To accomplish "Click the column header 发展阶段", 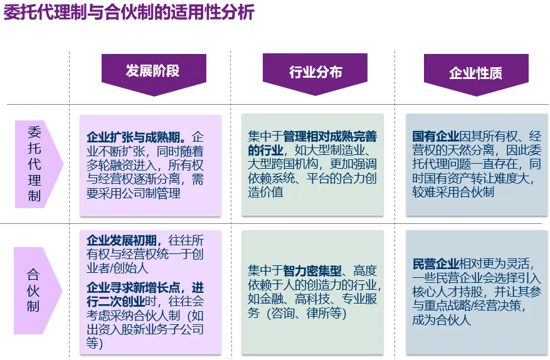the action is pyautogui.click(x=152, y=70).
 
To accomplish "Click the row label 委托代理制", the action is pyautogui.click(x=34, y=164).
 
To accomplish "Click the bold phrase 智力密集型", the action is pyautogui.click(x=314, y=271).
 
